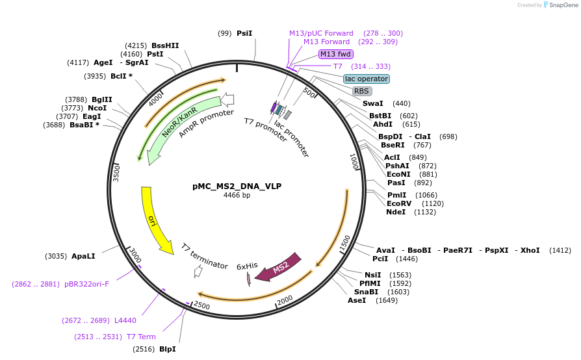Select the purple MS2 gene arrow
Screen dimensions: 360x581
coord(279,267)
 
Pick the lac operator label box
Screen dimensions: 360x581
coord(367,79)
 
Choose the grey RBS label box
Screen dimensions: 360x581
coord(362,91)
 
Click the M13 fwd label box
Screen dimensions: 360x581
coord(336,54)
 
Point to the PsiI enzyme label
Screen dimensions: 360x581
coord(244,33)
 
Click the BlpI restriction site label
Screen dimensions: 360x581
coord(167,349)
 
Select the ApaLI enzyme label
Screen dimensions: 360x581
coord(83,256)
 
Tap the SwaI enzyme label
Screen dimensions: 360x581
coord(372,103)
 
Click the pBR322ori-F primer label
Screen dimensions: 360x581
coord(86,284)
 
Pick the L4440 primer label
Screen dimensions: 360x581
coord(125,320)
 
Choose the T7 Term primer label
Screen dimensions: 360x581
coord(141,337)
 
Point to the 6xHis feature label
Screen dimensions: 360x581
coord(247,266)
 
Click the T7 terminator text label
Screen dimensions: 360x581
coord(204,257)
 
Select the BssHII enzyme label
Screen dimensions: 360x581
coord(165,45)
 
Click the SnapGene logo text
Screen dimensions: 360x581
coord(562,5)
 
